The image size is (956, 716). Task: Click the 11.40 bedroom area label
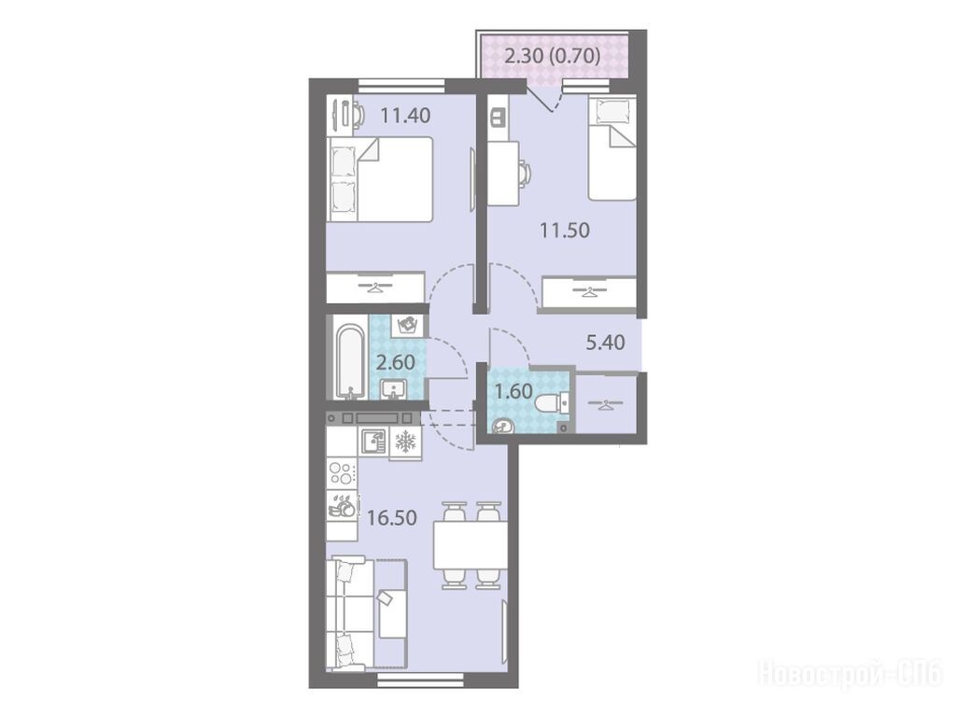click(x=405, y=115)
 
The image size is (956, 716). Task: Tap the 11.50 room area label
click(x=565, y=231)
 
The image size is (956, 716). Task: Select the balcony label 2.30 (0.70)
click(x=553, y=56)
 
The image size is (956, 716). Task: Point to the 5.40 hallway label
click(x=605, y=343)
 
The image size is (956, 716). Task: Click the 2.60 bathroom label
click(x=396, y=362)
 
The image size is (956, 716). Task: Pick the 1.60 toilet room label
click(x=513, y=391)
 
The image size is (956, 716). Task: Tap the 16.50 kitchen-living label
click(x=392, y=518)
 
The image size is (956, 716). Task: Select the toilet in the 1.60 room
click(x=551, y=403)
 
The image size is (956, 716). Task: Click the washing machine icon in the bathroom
click(x=406, y=325)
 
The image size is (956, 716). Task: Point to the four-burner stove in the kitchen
click(x=342, y=473)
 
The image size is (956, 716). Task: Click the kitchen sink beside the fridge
click(x=373, y=441)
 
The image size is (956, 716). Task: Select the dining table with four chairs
click(x=470, y=545)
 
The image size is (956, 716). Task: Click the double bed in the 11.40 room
click(x=379, y=178)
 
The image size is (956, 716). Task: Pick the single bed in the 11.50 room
click(x=612, y=148)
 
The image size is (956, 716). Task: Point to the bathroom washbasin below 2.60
click(x=393, y=389)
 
